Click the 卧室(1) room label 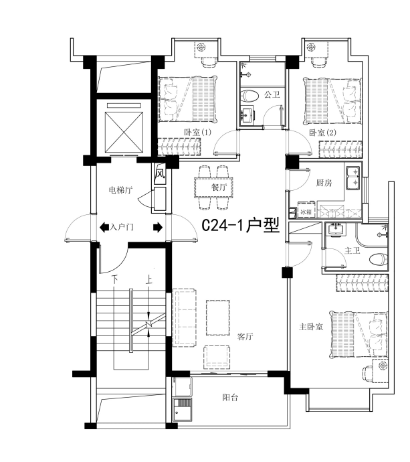[197, 133]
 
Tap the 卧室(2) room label [322, 133]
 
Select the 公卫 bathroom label [272, 95]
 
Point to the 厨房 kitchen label [324, 183]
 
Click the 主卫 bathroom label [352, 250]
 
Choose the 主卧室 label [311, 327]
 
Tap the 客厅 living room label [245, 336]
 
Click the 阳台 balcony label [230, 398]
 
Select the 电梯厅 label [120, 190]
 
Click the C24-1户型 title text [241, 226]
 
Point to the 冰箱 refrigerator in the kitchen [306, 211]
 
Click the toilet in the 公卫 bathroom [249, 96]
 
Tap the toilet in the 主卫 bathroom [379, 260]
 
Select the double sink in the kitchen [353, 177]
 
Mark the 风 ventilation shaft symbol [160, 173]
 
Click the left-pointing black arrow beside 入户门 [104, 227]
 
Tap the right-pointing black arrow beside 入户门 [158, 227]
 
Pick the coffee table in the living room [218, 317]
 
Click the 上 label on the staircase [149, 279]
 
